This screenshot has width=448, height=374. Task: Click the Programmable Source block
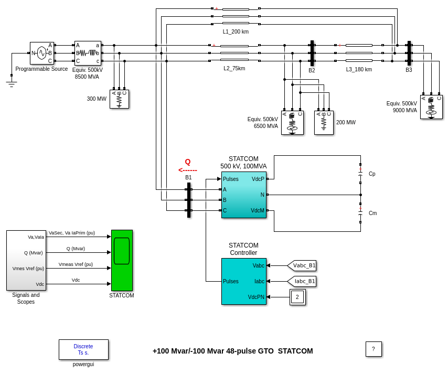[41, 53]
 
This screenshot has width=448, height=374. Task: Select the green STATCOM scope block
[122, 260]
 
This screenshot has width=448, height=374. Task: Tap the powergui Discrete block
[83, 349]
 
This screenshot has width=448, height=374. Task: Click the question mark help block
[374, 349]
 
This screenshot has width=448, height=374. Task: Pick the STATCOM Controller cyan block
[243, 281]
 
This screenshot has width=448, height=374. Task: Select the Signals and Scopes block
[26, 260]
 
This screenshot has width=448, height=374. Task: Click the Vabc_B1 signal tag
[303, 265]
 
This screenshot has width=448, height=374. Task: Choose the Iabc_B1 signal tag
[303, 281]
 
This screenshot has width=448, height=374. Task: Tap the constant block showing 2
[297, 297]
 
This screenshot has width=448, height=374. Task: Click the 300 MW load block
[119, 99]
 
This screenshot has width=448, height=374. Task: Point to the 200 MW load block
[324, 123]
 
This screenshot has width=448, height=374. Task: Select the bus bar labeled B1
[189, 200]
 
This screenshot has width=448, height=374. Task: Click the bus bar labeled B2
[312, 53]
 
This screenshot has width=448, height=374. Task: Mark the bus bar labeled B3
[409, 53]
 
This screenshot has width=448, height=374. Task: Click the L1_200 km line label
[236, 31]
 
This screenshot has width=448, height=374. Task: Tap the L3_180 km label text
[359, 69]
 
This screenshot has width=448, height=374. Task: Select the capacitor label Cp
[372, 174]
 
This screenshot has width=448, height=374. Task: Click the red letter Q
[188, 162]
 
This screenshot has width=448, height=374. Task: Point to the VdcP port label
[258, 179]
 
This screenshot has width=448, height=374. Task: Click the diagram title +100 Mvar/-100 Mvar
[232, 351]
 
